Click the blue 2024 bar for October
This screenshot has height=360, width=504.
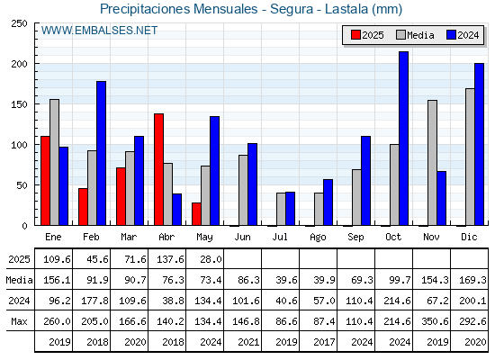404,139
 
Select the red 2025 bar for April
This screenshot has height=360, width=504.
158,169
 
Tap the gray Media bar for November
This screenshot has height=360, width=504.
432,163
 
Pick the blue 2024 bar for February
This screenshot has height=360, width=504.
101,153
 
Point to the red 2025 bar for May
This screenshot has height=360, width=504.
196,214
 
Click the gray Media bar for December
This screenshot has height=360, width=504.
470,157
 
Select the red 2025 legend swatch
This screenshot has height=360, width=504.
355,35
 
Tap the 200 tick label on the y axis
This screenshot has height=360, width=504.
19,64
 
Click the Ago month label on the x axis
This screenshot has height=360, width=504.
318,238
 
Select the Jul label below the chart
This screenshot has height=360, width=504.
280,237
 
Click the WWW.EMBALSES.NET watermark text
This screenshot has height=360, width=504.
99,31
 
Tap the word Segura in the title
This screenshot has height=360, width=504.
292,9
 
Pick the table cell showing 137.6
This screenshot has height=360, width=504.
170,259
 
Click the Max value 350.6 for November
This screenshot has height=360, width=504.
435,321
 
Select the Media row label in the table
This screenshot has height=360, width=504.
19,280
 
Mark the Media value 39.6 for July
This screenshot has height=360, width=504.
286,280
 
